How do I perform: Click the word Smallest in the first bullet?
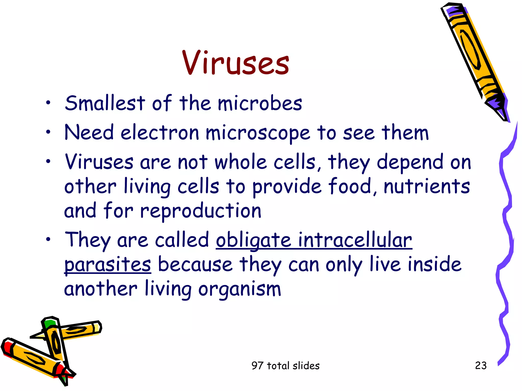pyautogui.click(x=105, y=103)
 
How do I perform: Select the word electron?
pyautogui.click(x=160, y=133)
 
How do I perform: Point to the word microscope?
pyautogui.click(x=258, y=133)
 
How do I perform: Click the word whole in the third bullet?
pyautogui.click(x=240, y=162)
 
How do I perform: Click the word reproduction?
pyautogui.click(x=201, y=211)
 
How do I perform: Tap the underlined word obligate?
pyautogui.click(x=253, y=240)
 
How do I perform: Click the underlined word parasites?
pyautogui.click(x=108, y=265)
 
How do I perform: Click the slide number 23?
pyautogui.click(x=481, y=366)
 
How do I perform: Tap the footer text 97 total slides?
pyautogui.click(x=285, y=366)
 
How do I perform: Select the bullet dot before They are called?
pyautogui.click(x=48, y=239)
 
